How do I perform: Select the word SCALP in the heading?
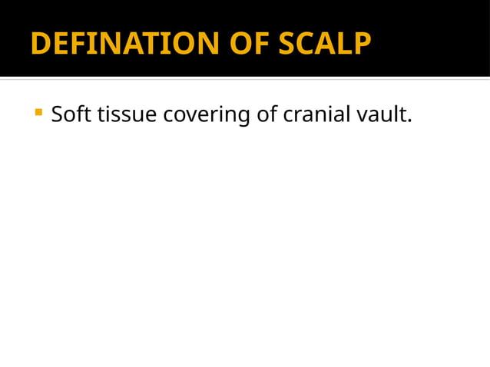point(325,44)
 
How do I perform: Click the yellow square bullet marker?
point(38,114)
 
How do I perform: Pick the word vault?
point(382,114)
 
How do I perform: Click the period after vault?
point(410,121)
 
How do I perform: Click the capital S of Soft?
point(58,114)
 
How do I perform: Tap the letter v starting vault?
point(363,116)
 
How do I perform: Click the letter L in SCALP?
point(346,44)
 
